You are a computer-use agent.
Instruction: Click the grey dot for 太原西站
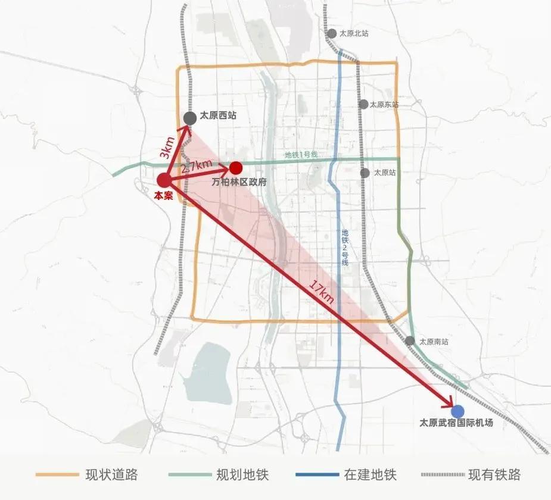190,118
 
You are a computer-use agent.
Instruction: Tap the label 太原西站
218,116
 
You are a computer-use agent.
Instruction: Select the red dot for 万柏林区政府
236,168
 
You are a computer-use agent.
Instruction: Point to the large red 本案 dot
164,180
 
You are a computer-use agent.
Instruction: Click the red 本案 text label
163,195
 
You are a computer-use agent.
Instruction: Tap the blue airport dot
457,411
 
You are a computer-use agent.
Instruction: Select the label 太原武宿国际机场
456,424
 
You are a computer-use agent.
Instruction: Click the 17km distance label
322,292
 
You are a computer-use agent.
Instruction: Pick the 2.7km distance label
197,166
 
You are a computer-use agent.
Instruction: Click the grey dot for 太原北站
331,34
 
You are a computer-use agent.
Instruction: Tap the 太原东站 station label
384,104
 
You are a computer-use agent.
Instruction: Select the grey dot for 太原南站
410,341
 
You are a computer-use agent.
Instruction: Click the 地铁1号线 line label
301,155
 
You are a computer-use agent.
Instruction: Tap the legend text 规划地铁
242,474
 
